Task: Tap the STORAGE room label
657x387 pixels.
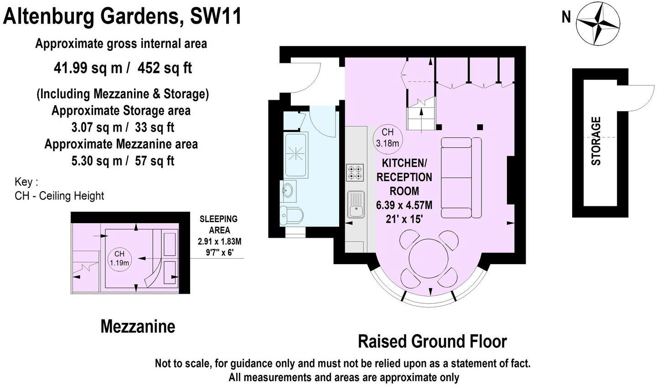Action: click(596, 141)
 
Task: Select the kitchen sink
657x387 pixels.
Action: click(356, 204)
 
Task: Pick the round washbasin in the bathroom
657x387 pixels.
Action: click(289, 190)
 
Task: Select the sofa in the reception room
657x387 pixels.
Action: click(461, 178)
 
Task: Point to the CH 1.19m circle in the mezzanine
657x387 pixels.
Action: click(119, 258)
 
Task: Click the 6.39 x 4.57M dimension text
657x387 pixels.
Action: click(404, 205)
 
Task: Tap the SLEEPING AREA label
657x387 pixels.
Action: click(219, 224)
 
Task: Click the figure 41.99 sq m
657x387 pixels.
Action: click(88, 68)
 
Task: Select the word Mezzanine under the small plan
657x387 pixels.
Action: click(138, 326)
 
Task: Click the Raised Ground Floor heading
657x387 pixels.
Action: click(432, 341)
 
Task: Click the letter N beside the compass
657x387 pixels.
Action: click(566, 17)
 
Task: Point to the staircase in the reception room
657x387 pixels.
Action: click(422, 114)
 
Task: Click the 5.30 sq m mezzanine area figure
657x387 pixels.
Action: click(97, 161)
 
